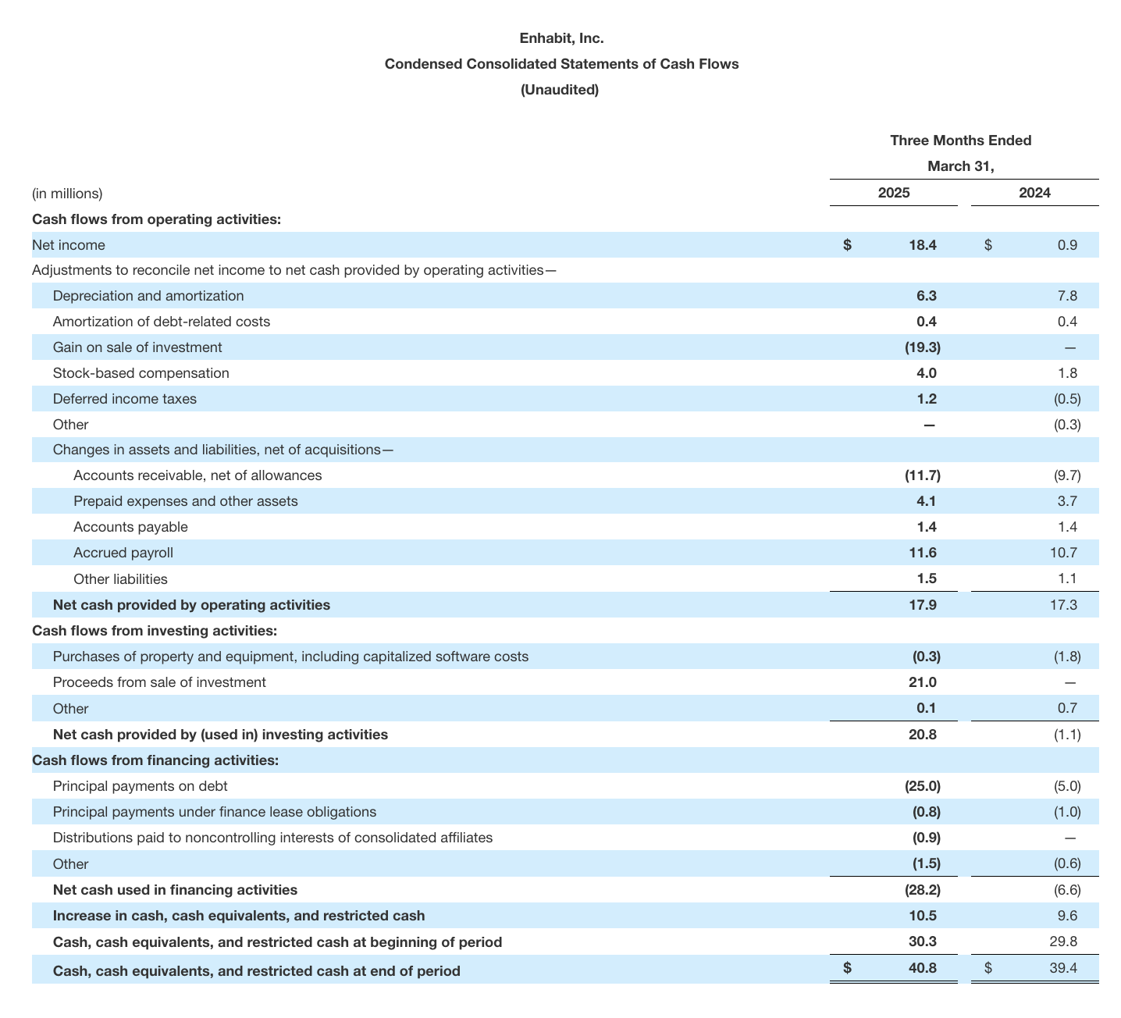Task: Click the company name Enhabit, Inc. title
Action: click(561, 37)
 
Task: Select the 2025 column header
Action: click(894, 193)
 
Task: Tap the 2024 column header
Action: click(1034, 193)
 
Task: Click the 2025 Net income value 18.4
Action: click(922, 245)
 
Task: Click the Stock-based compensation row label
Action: click(141, 373)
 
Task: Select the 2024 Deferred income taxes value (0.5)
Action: click(1067, 399)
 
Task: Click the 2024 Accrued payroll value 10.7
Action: click(1064, 553)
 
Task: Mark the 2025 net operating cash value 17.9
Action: click(922, 605)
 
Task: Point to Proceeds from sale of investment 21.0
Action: click(922, 682)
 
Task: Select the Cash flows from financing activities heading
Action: click(155, 760)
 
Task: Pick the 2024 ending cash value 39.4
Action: click(1063, 970)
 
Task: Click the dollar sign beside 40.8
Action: click(847, 968)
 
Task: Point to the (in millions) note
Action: click(67, 194)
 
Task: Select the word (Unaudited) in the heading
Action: click(560, 90)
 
